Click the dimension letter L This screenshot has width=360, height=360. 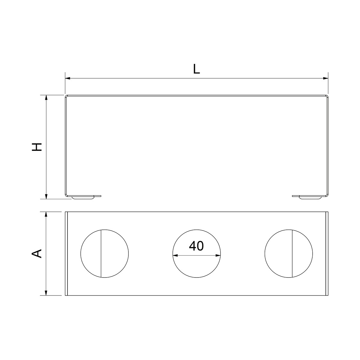point(196,69)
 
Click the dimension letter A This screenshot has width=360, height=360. point(37,253)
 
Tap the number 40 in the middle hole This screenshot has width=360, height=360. point(196,246)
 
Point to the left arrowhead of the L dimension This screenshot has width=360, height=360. point(67,78)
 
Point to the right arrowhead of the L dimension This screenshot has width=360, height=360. point(325,78)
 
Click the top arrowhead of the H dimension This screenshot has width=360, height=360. point(46,97)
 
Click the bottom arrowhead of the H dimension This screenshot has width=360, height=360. point(46,196)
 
